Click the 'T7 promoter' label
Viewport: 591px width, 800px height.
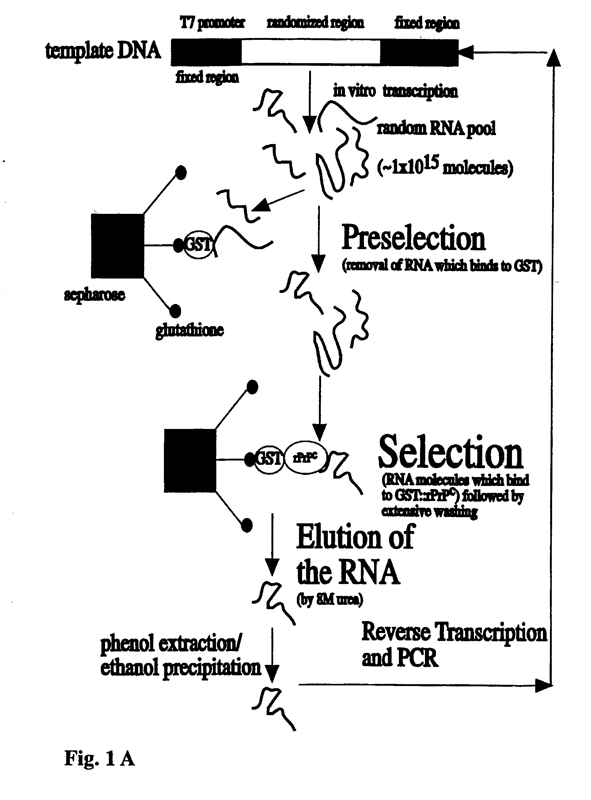click(212, 23)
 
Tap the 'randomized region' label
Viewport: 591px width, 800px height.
click(315, 23)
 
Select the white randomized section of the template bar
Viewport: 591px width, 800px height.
click(311, 52)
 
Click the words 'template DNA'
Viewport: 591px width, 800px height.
click(103, 51)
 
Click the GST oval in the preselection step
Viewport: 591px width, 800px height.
click(198, 245)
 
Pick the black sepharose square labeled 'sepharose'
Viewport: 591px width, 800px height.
click(117, 246)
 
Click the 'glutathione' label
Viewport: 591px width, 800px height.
click(190, 330)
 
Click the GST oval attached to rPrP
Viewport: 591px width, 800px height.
click(269, 459)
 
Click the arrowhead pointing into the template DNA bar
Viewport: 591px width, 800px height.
click(465, 52)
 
